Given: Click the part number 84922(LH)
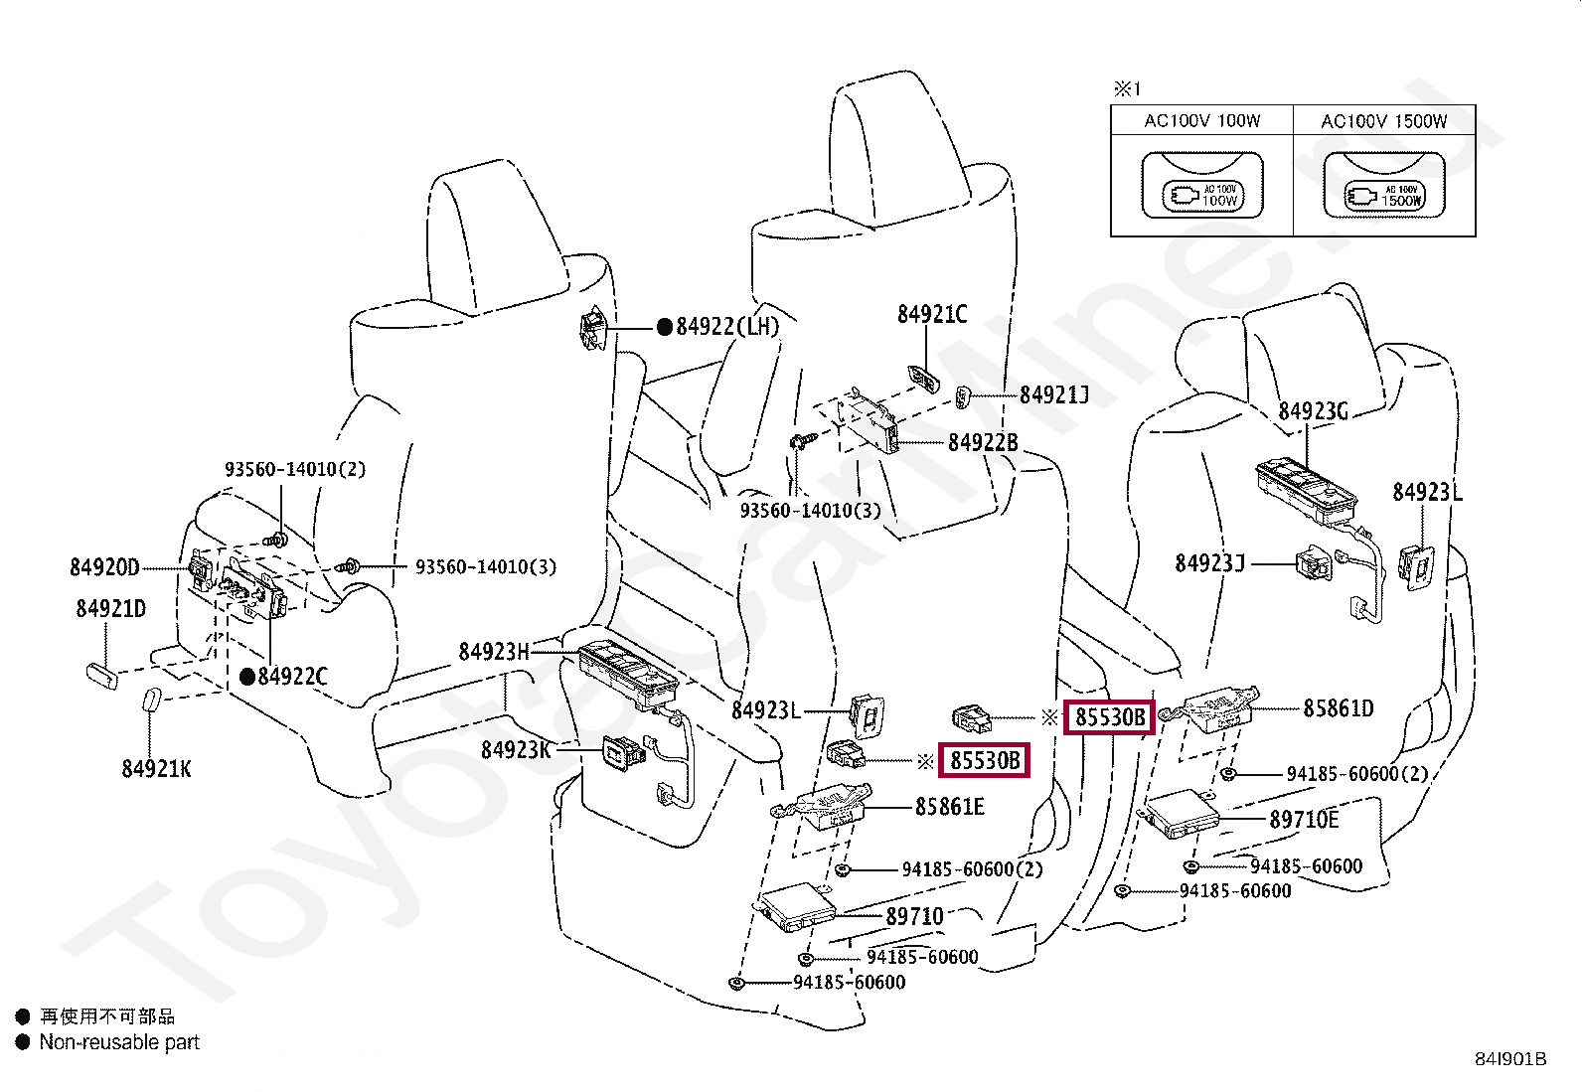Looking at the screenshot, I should tap(727, 326).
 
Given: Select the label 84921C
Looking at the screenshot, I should tap(932, 314).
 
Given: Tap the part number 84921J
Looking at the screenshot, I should tap(1054, 395).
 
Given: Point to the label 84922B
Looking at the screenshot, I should tap(983, 442).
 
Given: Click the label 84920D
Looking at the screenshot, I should tap(104, 567).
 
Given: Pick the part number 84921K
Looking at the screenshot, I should tap(156, 768).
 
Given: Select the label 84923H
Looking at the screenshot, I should tap(494, 652).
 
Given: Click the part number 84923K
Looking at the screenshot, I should tap(516, 750).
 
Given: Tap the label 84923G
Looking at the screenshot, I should tap(1313, 410).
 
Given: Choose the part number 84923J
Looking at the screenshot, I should tap(1209, 563).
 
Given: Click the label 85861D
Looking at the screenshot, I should tap(1339, 708).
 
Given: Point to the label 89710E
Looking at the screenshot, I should tap(1304, 820).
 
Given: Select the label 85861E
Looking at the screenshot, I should tap(949, 807).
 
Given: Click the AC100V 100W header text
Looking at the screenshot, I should tap(1201, 121).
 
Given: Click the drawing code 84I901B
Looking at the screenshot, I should tap(1510, 1059).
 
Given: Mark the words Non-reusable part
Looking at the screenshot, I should tap(119, 1042).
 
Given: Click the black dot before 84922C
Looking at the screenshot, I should tap(247, 677).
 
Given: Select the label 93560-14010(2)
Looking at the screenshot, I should tap(295, 469).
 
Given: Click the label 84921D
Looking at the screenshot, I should tap(110, 609).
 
